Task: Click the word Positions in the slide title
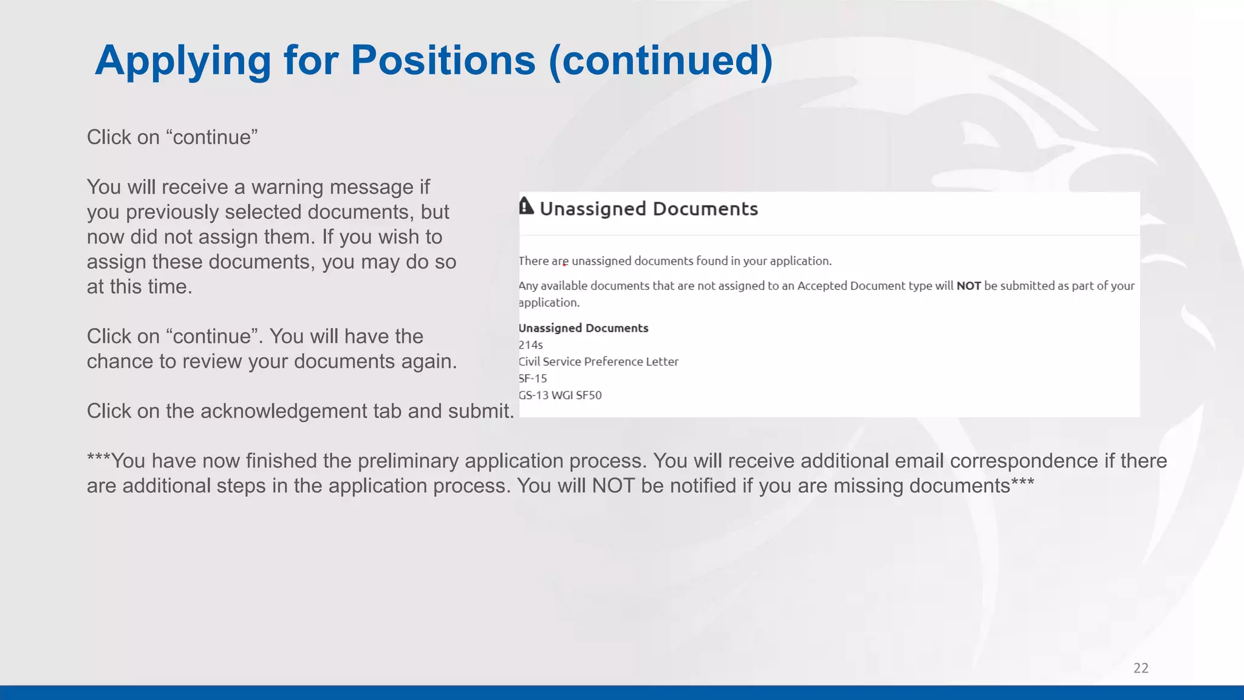(443, 61)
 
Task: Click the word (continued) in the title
(660, 61)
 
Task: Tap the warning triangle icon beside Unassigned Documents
(526, 207)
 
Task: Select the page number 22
(1141, 668)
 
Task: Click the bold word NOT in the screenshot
(968, 286)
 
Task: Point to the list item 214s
(530, 345)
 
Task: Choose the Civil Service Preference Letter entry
(598, 362)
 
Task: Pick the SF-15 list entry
(533, 378)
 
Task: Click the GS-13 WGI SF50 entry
(560, 395)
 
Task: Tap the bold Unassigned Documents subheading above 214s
(583, 328)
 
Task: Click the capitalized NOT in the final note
(613, 486)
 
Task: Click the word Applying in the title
(183, 61)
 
